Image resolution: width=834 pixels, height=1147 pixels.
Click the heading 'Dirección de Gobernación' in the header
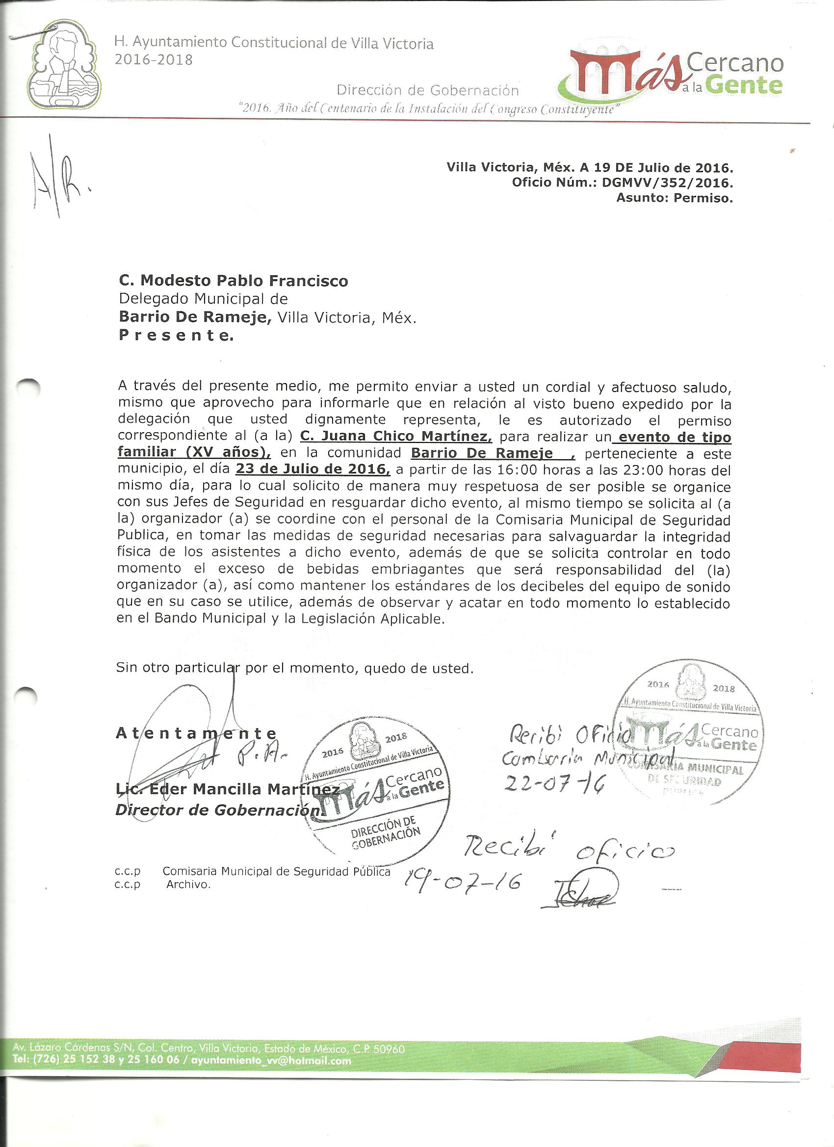(427, 91)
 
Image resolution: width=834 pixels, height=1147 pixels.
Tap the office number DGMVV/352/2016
(667, 182)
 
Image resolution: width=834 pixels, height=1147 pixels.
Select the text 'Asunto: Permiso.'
(674, 198)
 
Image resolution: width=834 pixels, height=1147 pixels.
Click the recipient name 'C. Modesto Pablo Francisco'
(233, 281)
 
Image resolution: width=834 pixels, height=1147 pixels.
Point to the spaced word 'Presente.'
(176, 335)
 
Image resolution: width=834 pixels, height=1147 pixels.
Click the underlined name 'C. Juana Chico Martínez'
(395, 436)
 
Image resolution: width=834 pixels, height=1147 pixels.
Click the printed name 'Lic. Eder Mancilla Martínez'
(228, 789)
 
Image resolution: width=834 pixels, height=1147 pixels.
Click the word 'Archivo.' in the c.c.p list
(188, 885)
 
